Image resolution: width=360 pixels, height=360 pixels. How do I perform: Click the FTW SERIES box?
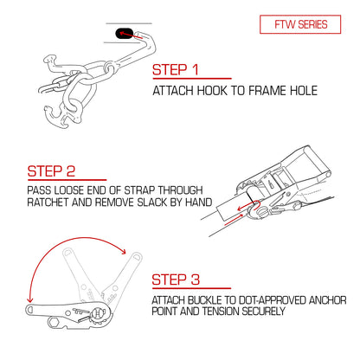point(300,24)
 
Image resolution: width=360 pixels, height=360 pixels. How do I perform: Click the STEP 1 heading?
point(176,70)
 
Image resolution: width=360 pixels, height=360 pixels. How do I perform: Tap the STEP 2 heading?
point(51,171)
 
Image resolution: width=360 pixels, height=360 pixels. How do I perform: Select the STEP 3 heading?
point(176,280)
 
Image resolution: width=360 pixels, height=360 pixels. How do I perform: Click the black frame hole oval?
point(125,34)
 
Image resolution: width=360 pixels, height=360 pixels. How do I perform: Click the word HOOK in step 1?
point(213,91)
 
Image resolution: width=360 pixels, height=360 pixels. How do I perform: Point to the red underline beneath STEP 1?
point(192,78)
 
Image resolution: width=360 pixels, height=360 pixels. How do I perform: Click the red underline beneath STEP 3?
point(191,288)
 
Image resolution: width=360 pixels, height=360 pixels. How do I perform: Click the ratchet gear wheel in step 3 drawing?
point(99,314)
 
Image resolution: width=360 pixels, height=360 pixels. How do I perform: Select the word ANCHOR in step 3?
point(327,300)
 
